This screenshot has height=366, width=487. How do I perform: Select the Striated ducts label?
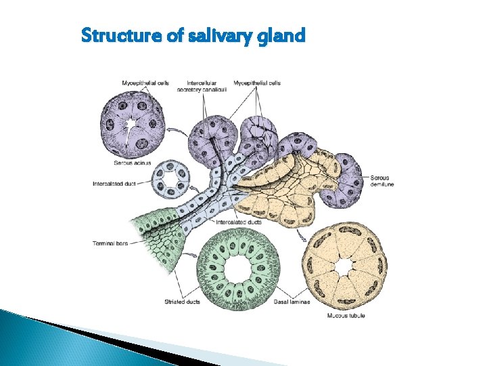[182, 302]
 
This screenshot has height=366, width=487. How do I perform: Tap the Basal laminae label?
[292, 302]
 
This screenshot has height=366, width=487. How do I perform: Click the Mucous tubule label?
[346, 316]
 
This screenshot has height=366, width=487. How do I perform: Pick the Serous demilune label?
[383, 181]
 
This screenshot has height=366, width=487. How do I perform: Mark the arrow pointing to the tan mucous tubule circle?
[301, 237]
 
